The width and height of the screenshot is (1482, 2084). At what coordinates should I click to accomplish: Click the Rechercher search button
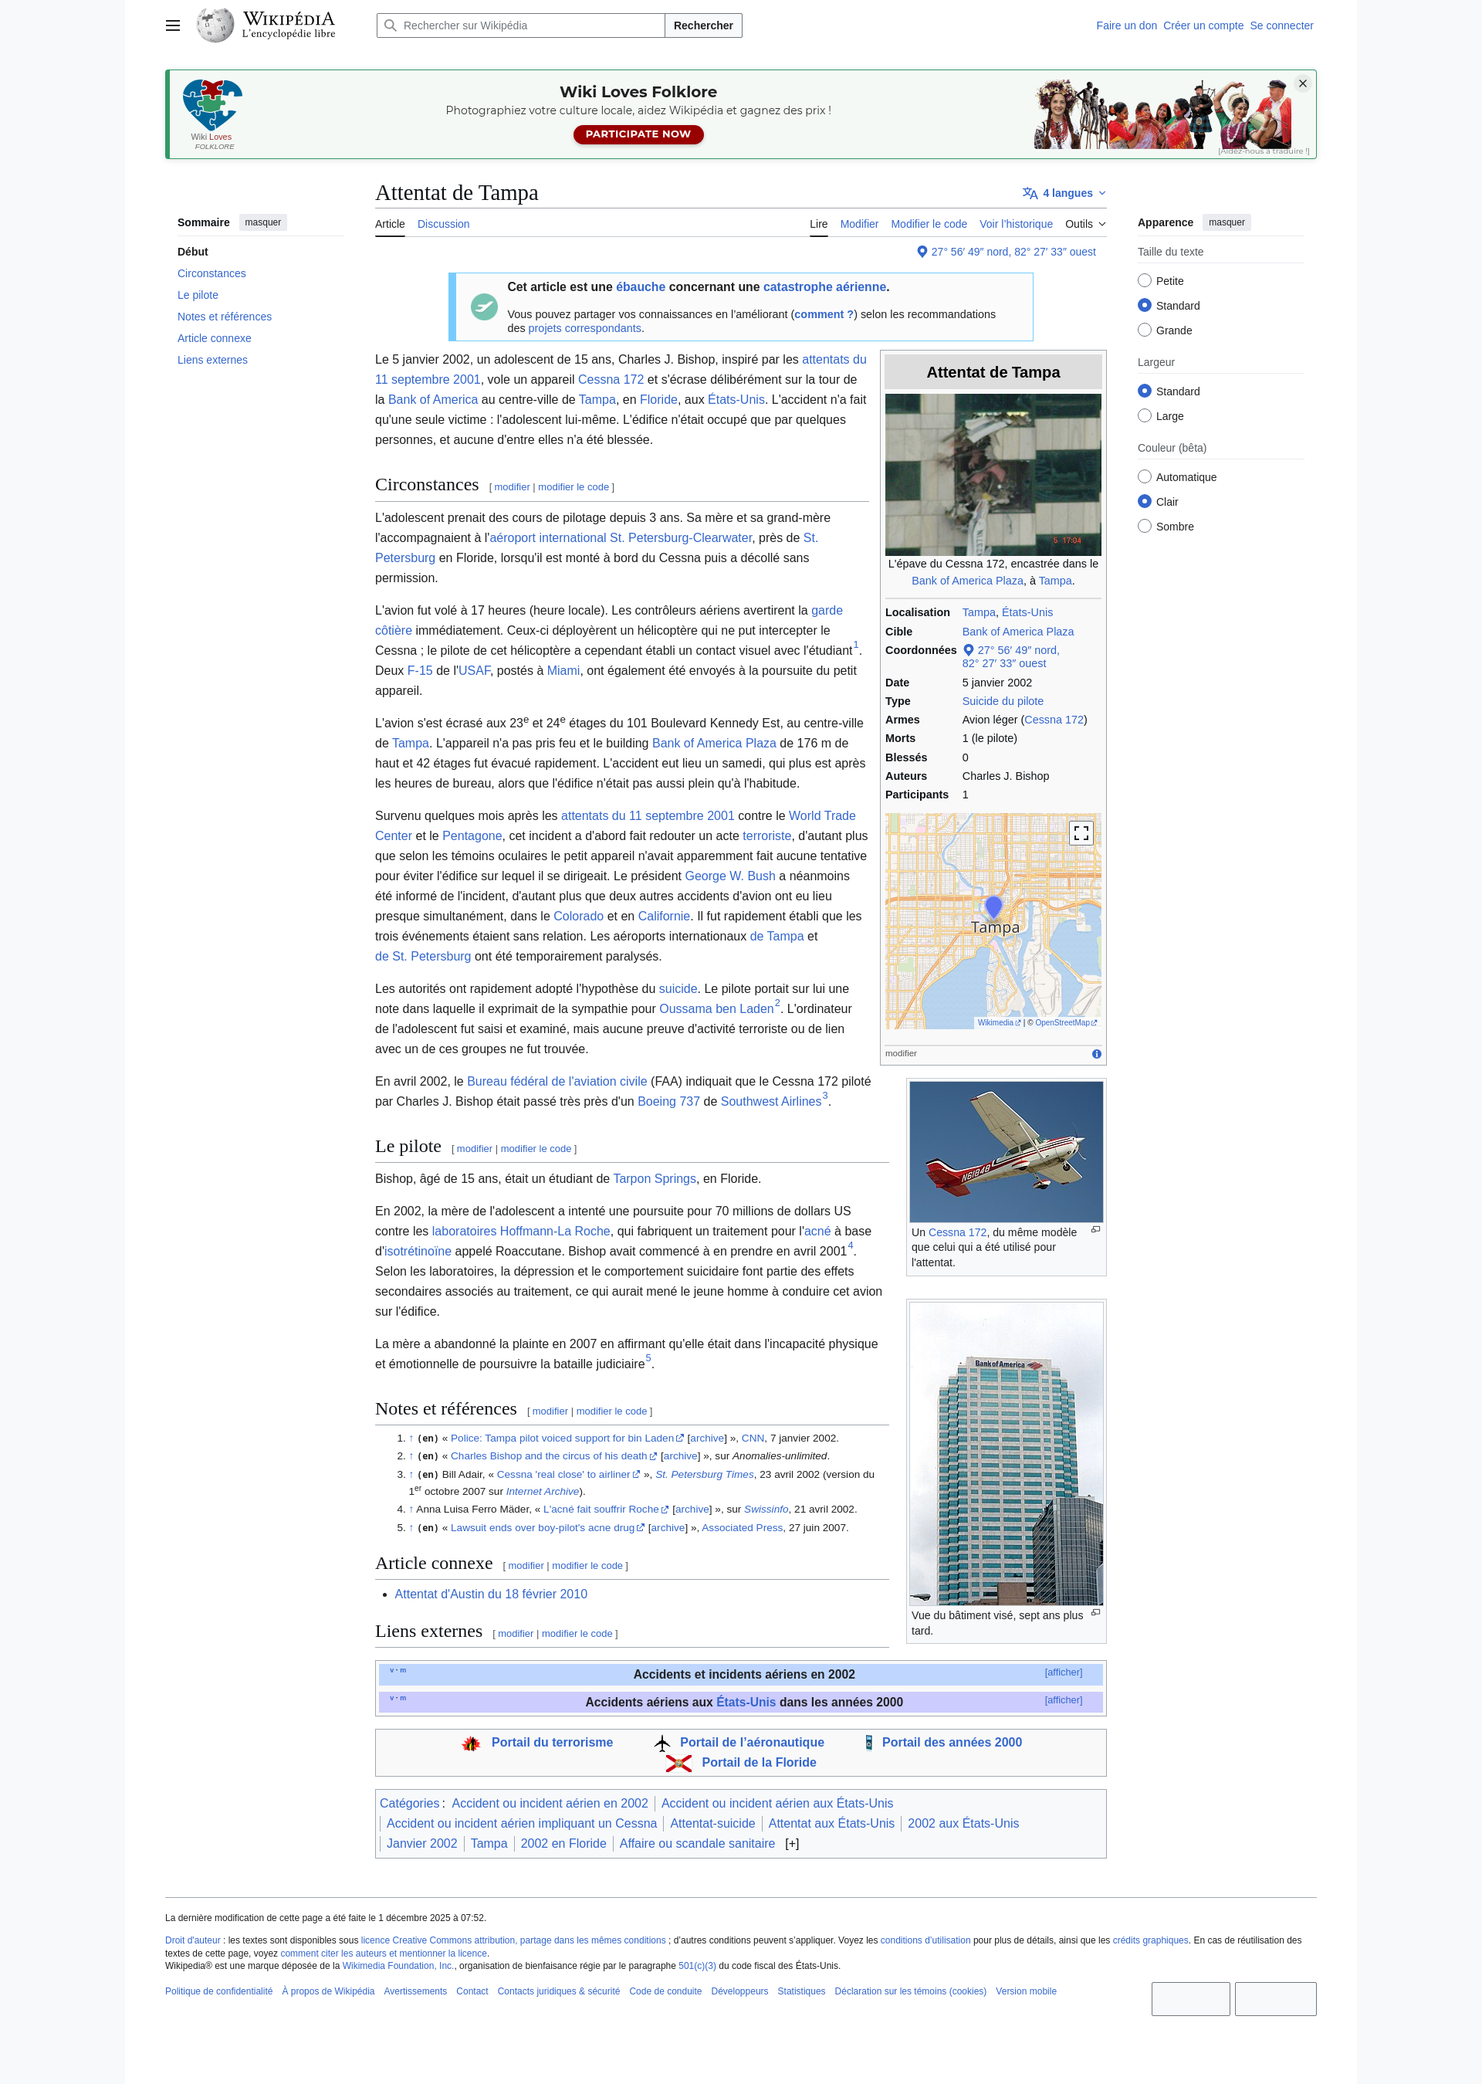coord(702,25)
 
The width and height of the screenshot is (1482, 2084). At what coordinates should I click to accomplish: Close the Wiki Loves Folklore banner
coord(1302,84)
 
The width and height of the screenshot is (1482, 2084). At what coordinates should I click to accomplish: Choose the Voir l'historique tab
coord(1015,225)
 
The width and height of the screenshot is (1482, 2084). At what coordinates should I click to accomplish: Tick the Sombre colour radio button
coord(1145,526)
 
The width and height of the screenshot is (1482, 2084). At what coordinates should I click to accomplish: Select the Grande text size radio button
coord(1145,330)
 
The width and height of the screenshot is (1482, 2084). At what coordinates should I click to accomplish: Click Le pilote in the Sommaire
coord(198,295)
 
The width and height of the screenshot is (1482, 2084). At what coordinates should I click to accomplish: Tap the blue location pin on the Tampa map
coord(993,906)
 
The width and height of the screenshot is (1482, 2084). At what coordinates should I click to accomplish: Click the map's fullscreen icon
coord(1081,832)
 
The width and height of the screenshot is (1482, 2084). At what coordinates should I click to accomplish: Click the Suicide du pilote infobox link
coord(1002,701)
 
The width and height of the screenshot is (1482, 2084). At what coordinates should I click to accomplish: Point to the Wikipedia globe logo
coord(215,25)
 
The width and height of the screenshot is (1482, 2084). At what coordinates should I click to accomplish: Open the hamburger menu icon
coord(172,25)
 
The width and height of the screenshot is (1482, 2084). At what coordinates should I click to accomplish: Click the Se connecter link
coord(1281,25)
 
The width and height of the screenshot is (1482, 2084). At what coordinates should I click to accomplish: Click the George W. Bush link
coord(730,876)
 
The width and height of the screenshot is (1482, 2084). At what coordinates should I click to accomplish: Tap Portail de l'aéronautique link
coord(751,1743)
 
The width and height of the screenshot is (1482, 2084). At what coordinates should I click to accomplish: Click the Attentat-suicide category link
coord(712,1823)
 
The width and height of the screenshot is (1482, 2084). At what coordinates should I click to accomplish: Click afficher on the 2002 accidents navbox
coord(1063,1672)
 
